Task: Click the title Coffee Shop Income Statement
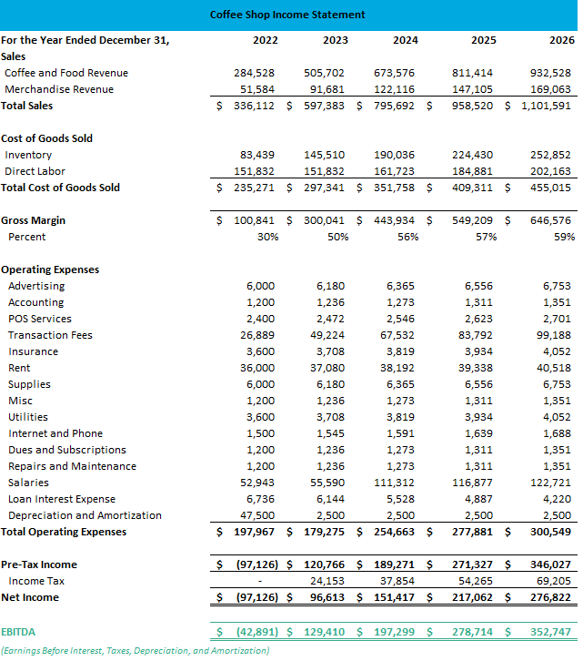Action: pos(287,15)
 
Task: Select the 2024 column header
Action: pos(406,40)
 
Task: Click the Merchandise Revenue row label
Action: pos(59,89)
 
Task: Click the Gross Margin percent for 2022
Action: pos(267,237)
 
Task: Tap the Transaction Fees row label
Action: pos(50,335)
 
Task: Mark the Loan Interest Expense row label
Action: pos(62,499)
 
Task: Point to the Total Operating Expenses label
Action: pos(65,532)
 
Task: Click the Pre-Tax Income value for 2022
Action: pos(256,564)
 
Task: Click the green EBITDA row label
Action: pos(19,630)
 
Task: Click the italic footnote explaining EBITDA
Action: pos(135,650)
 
